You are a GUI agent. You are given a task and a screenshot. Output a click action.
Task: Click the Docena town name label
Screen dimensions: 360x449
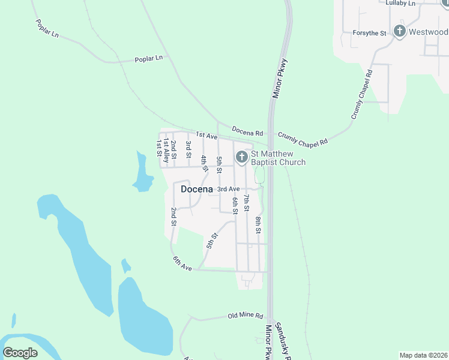point(197,189)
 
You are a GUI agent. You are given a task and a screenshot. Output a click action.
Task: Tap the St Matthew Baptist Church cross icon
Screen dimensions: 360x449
point(241,157)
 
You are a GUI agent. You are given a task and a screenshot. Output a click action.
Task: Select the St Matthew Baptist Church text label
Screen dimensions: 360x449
point(278,158)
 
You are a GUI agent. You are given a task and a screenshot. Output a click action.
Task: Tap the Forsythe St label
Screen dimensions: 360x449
point(369,33)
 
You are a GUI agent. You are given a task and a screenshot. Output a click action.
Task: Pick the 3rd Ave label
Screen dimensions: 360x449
point(228,189)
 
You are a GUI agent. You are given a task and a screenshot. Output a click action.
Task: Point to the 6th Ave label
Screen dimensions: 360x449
point(182,263)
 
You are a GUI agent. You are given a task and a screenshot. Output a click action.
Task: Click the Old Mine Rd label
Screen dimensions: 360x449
point(246,316)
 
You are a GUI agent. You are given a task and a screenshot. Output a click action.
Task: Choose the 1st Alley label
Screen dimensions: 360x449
point(166,152)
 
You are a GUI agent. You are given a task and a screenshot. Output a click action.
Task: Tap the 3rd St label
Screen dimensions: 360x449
point(188,146)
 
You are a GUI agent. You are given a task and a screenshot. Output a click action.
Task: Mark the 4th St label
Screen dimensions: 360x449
point(204,163)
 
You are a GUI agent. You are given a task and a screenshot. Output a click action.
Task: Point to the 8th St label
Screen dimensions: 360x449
point(258,224)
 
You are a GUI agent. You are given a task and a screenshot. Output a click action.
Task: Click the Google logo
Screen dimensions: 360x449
point(20,353)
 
